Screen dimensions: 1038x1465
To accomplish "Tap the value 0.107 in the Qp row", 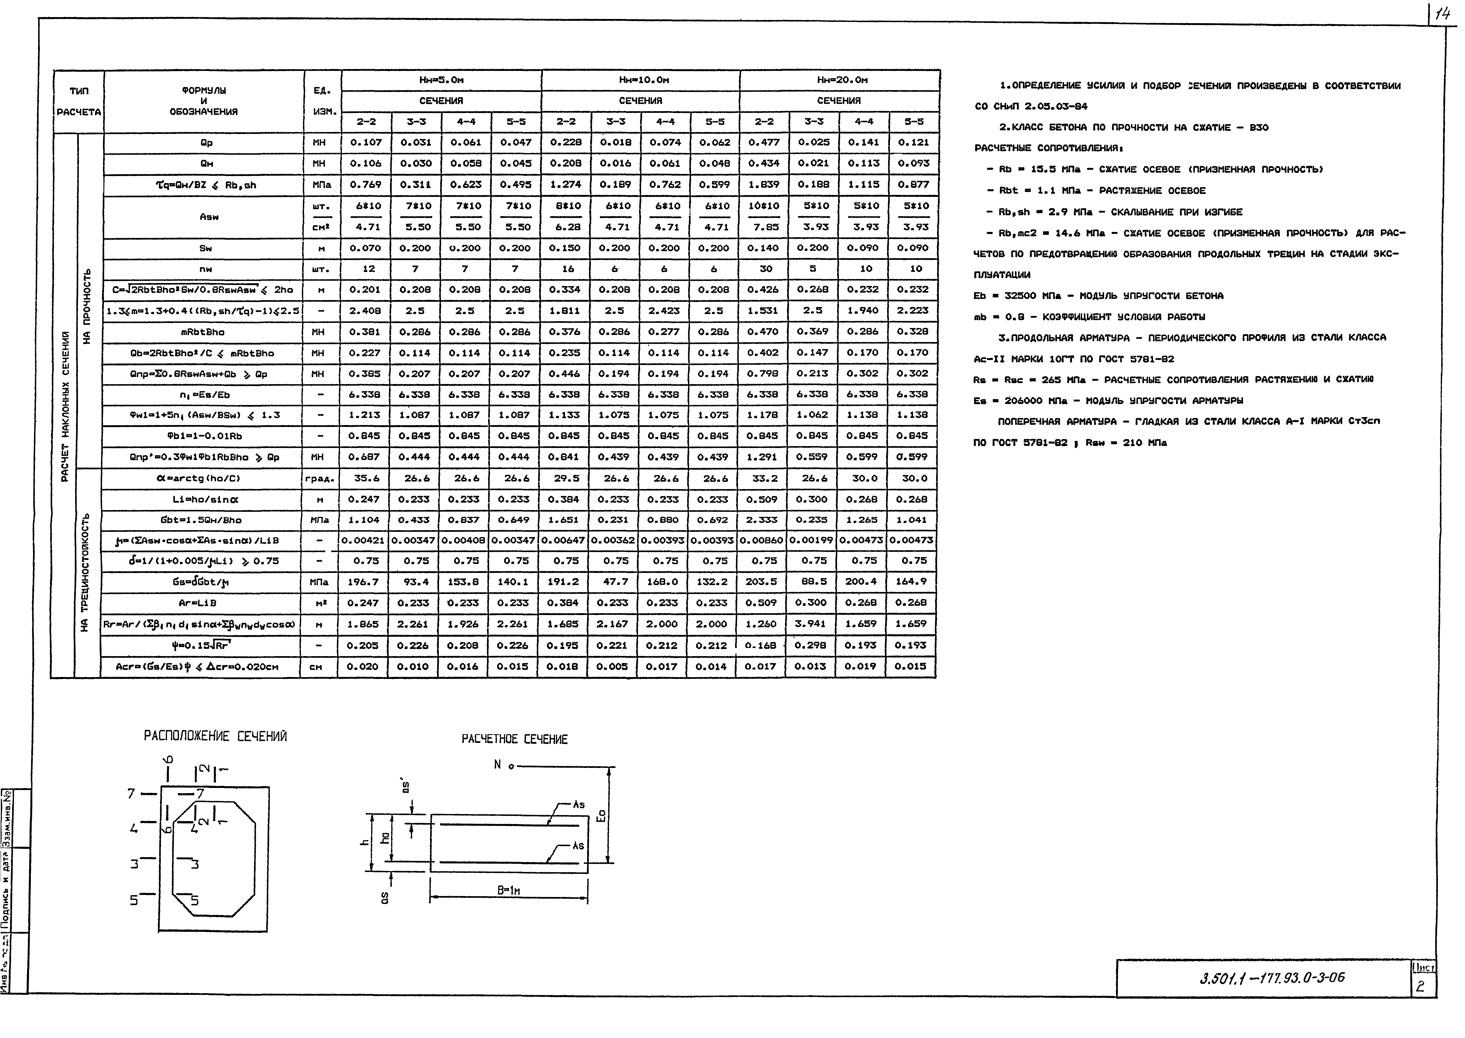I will click(365, 142).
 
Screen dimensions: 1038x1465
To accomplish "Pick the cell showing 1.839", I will click(764, 185).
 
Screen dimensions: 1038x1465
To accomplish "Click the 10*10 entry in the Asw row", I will click(764, 206).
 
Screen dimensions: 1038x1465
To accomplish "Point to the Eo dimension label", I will click(601, 816).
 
